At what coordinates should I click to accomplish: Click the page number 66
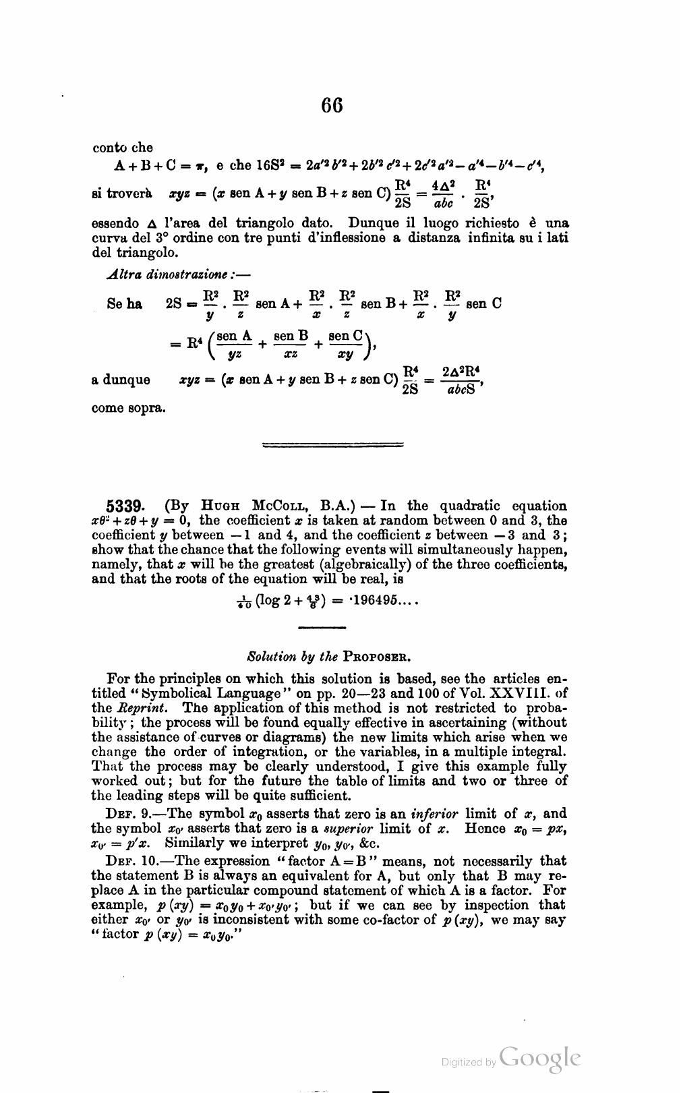(x=332, y=105)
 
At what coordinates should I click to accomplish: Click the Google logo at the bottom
(x=540, y=1059)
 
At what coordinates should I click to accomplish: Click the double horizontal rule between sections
(x=332, y=445)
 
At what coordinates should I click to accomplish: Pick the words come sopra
(x=127, y=409)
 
